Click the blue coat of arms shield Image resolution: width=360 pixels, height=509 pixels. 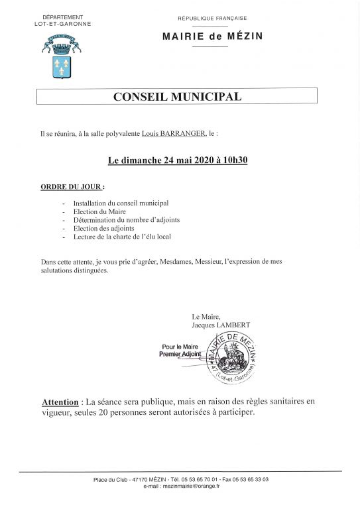pos(62,67)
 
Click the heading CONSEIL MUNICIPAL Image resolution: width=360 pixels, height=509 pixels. pos(177,97)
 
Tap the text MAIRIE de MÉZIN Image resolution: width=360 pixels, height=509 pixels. pos(212,36)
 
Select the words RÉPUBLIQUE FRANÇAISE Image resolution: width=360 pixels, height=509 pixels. pos(212,19)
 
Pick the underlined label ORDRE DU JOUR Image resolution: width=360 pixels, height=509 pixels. pos(72,186)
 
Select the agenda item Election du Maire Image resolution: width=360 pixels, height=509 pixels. pos(99,211)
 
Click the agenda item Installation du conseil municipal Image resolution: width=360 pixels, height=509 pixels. pos(121,203)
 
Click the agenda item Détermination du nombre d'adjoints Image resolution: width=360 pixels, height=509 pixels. pos(126,219)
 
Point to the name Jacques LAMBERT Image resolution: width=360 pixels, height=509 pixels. pos(221,325)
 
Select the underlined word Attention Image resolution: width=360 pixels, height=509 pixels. pos(60,402)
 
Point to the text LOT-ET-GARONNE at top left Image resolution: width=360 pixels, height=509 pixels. pos(62,23)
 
